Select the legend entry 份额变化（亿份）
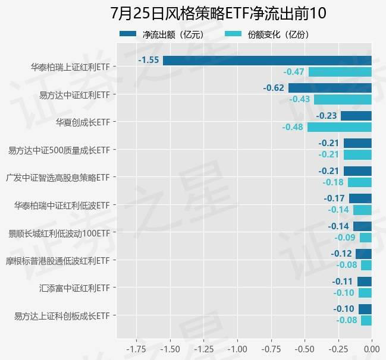271,34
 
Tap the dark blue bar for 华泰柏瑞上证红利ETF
267,60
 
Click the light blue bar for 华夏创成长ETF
339,127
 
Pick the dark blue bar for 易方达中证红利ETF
330,88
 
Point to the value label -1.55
149,60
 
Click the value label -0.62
274,88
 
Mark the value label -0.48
293,127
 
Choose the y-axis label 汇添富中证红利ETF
75,288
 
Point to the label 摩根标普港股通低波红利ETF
58,260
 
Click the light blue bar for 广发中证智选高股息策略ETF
360,182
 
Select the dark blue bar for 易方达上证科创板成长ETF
365,309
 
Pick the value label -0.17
334,198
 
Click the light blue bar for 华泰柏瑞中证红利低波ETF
362,210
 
